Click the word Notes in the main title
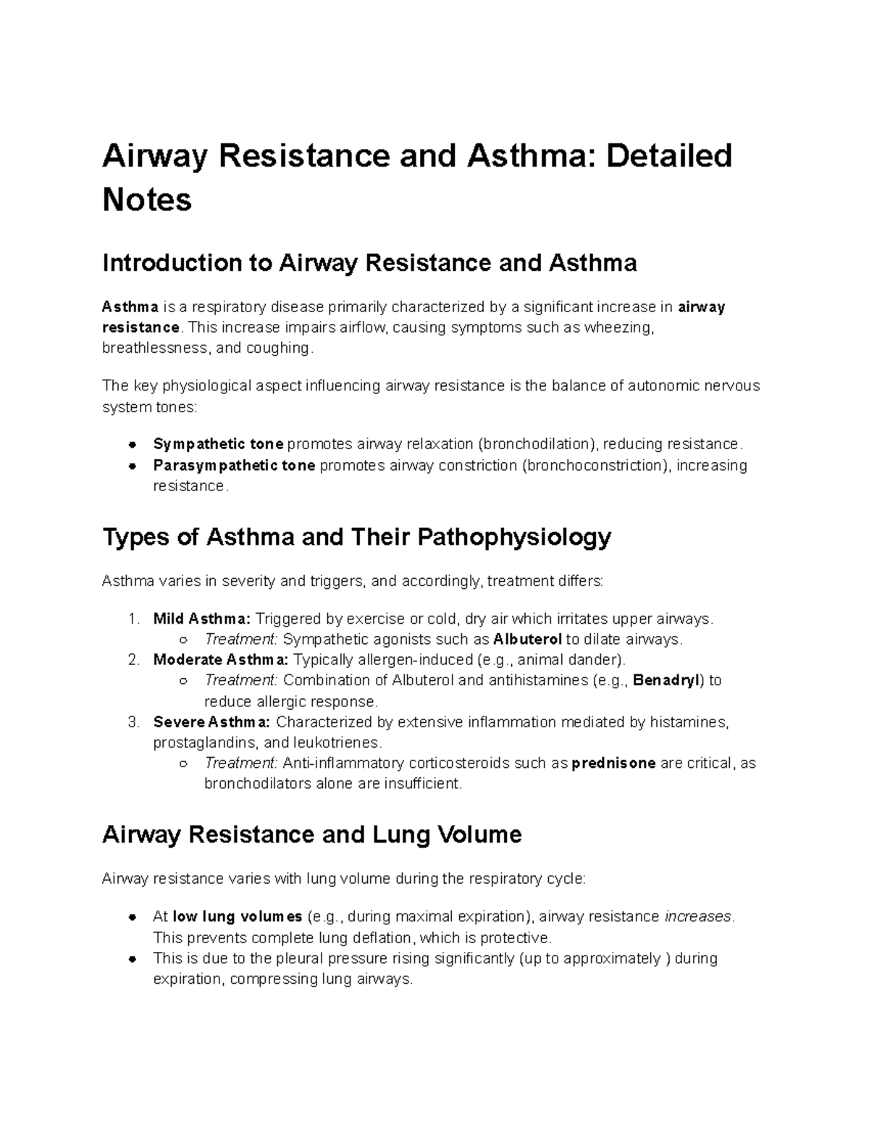tap(147, 199)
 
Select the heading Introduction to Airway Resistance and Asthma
tap(369, 262)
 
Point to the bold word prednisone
tap(614, 763)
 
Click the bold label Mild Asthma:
tap(202, 619)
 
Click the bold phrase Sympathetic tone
tap(218, 444)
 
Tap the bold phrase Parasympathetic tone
tap(234, 465)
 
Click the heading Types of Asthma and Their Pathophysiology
tap(357, 538)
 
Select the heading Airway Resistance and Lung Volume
tap(311, 835)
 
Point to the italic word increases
tap(698, 916)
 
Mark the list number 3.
tap(133, 722)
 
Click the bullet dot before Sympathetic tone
tap(133, 444)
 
